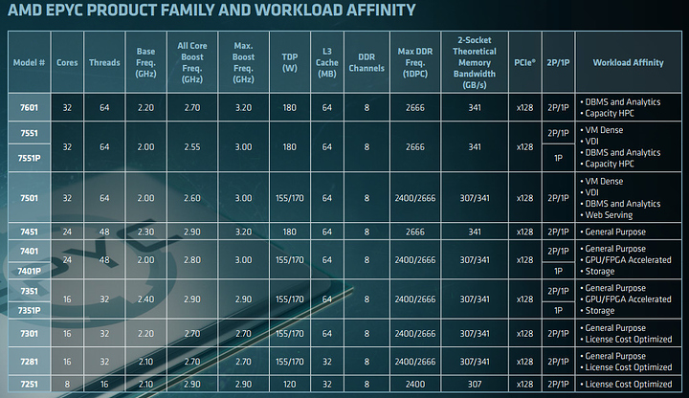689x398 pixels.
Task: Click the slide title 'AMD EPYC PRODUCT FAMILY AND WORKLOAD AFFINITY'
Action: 211,11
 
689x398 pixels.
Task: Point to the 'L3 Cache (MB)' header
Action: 326,61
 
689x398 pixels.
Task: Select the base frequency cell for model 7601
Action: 146,106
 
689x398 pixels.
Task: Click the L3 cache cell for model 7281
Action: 326,362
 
